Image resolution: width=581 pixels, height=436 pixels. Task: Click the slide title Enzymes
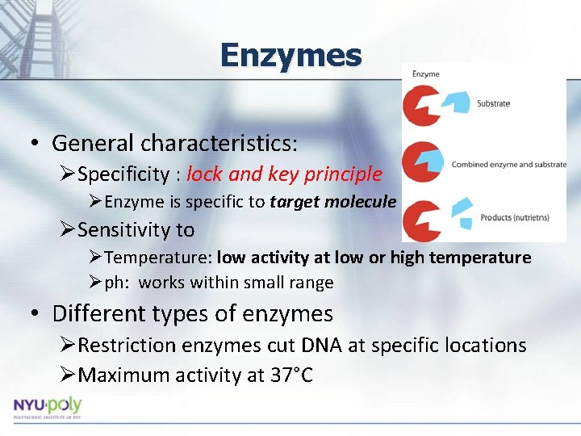pos(290,56)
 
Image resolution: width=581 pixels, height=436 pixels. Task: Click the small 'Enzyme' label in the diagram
pos(426,74)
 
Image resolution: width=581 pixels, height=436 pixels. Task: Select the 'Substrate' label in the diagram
pos(493,103)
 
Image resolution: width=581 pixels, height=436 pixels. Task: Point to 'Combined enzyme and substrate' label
pos(508,165)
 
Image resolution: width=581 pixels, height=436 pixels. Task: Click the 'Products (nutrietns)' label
pos(514,217)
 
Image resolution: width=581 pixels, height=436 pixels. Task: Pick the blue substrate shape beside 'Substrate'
pos(458,102)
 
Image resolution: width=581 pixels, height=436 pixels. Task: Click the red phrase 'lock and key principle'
pos(284,174)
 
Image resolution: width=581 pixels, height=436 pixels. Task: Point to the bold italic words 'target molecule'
pos(333,202)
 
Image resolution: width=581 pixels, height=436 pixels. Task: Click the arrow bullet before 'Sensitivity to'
pos(68,230)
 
